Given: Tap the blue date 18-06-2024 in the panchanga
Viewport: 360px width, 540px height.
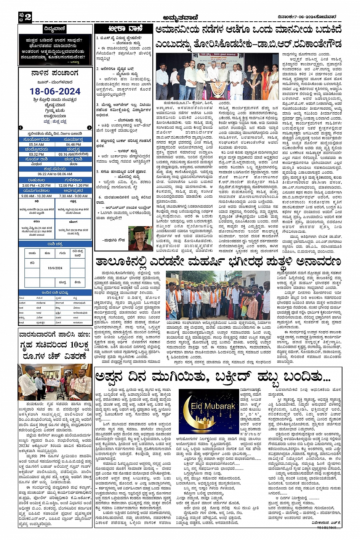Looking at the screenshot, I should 55,91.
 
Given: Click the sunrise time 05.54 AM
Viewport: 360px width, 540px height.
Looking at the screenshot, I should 36,144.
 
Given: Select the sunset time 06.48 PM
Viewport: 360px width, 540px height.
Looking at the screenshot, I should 73,144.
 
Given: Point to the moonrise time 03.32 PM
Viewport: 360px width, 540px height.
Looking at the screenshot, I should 36,154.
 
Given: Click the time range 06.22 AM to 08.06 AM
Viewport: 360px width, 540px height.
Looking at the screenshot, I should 55,174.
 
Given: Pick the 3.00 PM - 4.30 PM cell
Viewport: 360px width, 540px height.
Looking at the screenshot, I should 36,185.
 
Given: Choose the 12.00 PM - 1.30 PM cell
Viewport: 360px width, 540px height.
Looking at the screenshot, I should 73,185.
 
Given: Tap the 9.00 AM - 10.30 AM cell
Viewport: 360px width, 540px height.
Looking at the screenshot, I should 36,196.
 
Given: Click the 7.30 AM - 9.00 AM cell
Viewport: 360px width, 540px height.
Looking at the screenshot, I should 73,196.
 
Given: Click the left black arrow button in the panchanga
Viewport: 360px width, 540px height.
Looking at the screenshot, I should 21,128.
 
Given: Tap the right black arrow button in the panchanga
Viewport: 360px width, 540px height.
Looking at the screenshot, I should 90,128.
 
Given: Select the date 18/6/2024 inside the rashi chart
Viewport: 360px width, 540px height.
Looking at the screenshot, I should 55,268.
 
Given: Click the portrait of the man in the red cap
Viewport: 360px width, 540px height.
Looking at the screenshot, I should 140,238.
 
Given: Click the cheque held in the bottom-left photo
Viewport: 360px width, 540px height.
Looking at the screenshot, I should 53,382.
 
